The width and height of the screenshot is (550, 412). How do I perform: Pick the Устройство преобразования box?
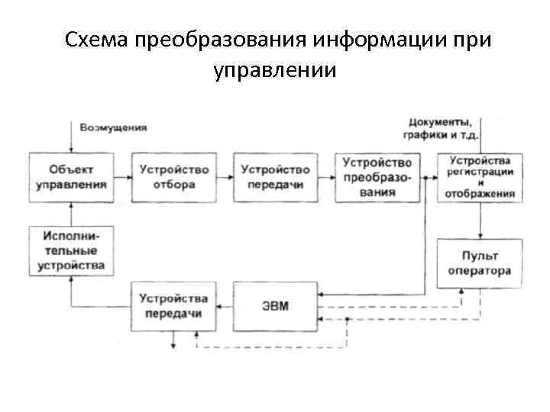point(377,177)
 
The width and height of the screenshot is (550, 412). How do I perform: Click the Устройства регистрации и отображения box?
point(480,177)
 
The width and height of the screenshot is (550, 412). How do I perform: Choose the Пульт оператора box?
point(480,263)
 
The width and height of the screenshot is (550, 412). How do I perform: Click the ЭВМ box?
point(275,307)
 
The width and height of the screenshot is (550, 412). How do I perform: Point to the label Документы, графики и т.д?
point(441,128)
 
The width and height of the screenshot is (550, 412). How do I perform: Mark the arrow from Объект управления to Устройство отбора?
point(124,177)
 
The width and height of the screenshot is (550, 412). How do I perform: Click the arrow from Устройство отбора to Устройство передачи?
point(225,177)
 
